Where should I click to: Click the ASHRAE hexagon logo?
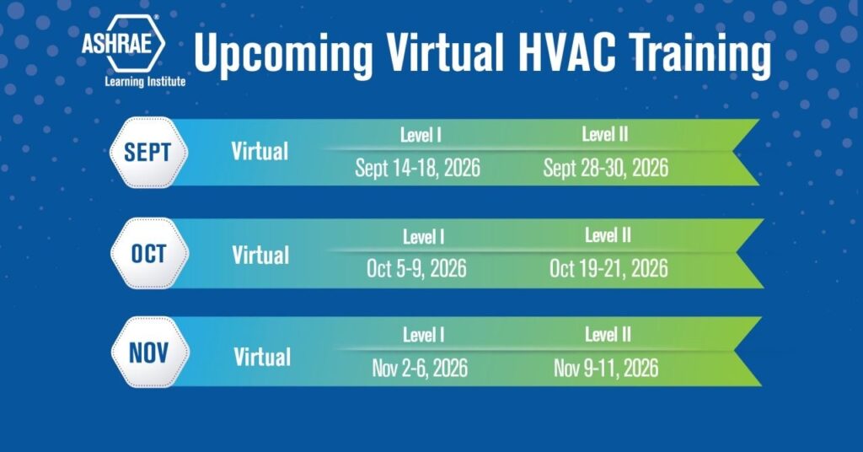[123, 44]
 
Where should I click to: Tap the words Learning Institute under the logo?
[145, 82]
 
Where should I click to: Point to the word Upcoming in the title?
[283, 55]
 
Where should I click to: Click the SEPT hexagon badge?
[148, 152]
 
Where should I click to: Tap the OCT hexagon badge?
[149, 253]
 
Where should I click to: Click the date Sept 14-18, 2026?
[418, 168]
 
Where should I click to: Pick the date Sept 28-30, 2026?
[606, 168]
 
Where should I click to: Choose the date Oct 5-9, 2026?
[416, 269]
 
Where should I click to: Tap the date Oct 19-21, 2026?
[608, 269]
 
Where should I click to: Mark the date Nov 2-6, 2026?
[420, 369]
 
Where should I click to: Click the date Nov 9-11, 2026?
[606, 369]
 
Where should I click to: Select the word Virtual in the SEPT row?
[260, 152]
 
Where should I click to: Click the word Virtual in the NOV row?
[263, 357]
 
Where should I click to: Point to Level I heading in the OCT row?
[423, 237]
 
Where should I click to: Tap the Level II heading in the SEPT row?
[605, 134]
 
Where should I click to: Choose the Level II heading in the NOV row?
[608, 334]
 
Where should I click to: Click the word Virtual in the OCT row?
[261, 255]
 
